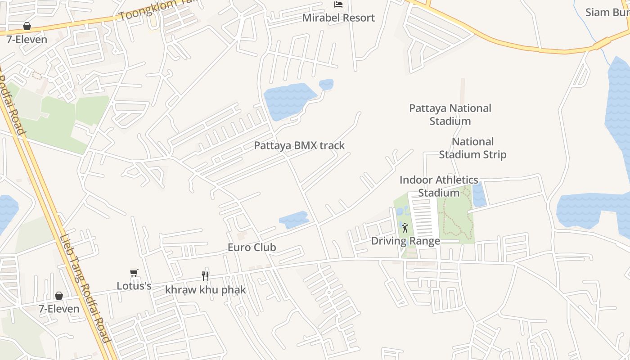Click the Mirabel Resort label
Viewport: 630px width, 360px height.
pos(338,18)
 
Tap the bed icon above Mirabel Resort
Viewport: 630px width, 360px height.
pos(338,4)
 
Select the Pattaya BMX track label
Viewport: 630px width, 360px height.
pos(299,145)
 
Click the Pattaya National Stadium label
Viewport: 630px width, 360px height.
pos(450,114)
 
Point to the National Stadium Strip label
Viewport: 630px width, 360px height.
pos(472,148)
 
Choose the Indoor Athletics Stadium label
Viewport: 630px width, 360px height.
pos(439,186)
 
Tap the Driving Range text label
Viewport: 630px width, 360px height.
pos(405,241)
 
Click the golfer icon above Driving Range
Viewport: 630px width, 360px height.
pos(405,227)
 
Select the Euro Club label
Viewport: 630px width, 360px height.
pos(252,247)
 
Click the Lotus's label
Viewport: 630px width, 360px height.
pos(134,286)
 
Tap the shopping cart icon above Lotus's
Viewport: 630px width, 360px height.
pos(134,273)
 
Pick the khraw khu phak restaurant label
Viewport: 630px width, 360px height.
pos(205,289)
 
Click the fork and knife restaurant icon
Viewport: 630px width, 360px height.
pos(205,276)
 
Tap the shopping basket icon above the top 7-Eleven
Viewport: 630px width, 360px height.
pos(27,26)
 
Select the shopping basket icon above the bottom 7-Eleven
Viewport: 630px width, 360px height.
pos(59,296)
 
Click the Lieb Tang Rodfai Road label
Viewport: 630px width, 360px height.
pos(85,288)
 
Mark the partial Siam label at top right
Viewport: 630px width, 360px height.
pos(607,12)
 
